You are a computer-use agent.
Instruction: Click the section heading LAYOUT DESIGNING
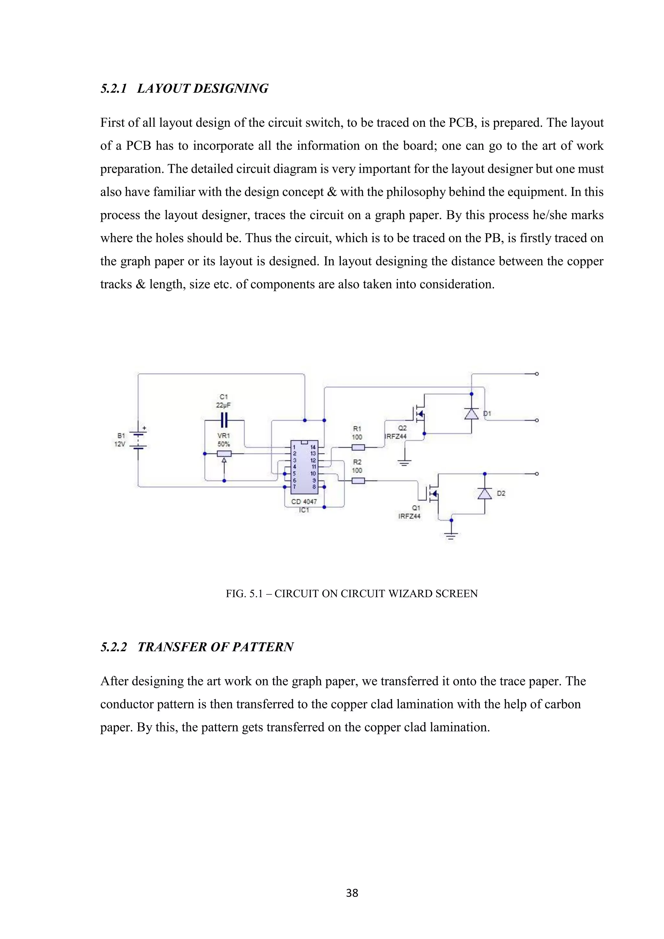(202, 88)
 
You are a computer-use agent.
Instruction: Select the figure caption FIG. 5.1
(352, 593)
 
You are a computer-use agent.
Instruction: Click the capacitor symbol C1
(224, 420)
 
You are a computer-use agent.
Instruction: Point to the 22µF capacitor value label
(224, 405)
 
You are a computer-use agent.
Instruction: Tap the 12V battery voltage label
(120, 444)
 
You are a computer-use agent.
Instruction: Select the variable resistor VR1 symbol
(224, 454)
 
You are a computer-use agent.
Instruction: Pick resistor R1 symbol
(358, 447)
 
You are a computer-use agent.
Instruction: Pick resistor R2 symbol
(358, 481)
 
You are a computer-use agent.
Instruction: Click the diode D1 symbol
(471, 414)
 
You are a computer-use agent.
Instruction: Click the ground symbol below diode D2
(451, 536)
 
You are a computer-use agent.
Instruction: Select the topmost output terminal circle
(537, 374)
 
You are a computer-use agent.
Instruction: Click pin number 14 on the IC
(313, 447)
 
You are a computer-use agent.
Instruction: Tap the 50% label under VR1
(224, 444)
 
